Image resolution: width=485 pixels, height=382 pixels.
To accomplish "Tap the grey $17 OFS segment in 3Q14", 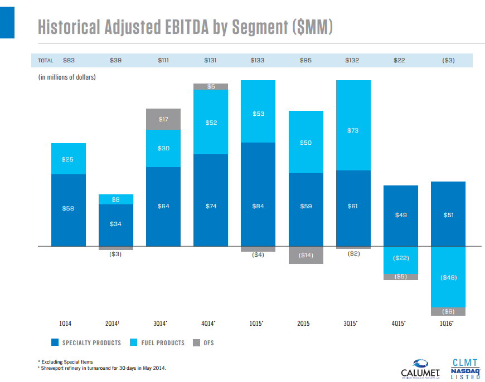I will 163,119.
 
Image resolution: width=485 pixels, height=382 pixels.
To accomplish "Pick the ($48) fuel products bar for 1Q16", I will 448,277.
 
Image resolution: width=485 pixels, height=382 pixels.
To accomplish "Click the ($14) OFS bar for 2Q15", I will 305,255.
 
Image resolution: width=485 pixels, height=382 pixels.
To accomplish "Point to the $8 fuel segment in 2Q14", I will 116,199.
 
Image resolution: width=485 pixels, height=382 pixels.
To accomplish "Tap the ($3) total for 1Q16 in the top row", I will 448,60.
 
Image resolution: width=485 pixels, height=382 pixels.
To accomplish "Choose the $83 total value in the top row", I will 69,60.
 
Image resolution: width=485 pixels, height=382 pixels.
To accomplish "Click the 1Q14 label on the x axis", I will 68,324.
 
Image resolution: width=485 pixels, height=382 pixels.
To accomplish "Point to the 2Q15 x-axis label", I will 305,324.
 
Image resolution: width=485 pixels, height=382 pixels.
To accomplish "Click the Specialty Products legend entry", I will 86,342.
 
